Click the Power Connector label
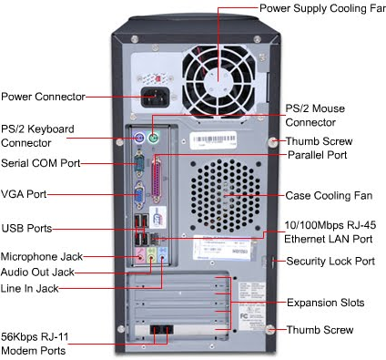click(43, 96)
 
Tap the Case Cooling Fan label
click(329, 195)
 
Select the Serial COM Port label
click(41, 163)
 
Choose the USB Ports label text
click(26, 228)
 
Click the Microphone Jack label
click(43, 256)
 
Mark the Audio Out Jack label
click(38, 272)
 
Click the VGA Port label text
click(24, 194)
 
